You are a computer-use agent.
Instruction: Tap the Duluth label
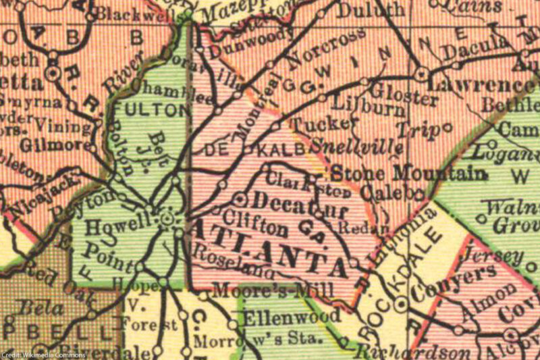click(371, 10)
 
